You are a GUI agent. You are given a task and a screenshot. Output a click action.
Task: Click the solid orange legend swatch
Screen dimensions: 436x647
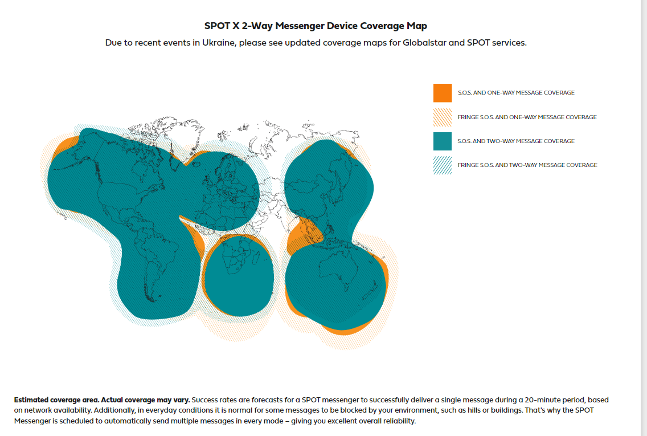point(442,93)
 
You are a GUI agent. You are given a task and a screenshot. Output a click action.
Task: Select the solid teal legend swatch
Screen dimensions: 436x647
point(442,141)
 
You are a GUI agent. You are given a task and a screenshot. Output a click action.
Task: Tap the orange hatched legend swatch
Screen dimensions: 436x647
point(442,117)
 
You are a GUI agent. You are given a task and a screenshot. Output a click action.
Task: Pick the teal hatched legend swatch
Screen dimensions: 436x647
point(442,165)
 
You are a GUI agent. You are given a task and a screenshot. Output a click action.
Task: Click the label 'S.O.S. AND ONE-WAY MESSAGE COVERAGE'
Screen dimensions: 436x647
point(516,93)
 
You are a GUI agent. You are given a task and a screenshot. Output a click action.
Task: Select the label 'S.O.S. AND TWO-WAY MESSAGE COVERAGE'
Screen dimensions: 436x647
point(516,141)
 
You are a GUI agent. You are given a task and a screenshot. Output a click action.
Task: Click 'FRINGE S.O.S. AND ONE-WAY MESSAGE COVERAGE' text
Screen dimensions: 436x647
point(527,117)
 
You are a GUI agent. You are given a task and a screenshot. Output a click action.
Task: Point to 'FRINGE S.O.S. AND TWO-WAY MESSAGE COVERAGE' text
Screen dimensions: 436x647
point(527,165)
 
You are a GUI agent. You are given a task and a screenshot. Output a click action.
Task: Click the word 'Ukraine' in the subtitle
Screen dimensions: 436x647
point(218,43)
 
